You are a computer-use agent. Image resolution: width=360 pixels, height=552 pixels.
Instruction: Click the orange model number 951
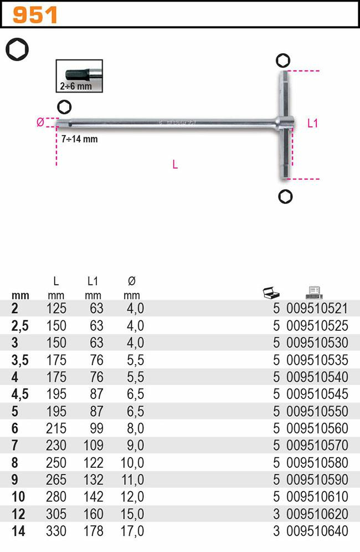tap(35, 15)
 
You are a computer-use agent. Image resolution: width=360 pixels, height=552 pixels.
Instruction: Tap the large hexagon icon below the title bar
tap(17, 49)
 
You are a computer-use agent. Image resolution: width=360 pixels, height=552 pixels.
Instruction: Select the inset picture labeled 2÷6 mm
tap(79, 76)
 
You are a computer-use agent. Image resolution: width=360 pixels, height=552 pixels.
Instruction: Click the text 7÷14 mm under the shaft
tap(80, 139)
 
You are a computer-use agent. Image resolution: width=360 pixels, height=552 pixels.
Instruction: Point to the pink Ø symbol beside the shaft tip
tap(40, 122)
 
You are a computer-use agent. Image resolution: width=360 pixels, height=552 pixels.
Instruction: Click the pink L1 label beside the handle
tap(312, 123)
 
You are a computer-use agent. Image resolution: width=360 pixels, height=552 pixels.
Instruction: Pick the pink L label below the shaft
tap(175, 165)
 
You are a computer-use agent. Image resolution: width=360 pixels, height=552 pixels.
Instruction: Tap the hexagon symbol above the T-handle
tap(283, 60)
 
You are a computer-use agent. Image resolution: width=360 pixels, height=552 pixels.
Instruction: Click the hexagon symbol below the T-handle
tap(285, 197)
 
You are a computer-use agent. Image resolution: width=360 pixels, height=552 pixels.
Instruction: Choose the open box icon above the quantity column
tap(271, 293)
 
